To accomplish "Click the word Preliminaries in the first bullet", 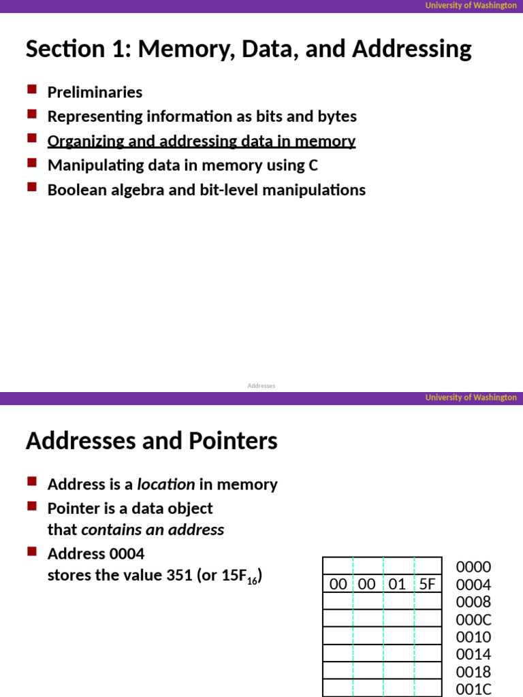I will coord(95,92).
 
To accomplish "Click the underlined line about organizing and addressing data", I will coord(201,141).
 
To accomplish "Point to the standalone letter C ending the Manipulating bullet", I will coord(313,165).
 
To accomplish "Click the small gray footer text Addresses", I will coord(261,385).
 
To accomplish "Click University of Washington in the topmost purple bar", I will coord(471,5).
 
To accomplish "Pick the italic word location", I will coord(165,485).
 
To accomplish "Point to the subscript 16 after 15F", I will coord(251,581).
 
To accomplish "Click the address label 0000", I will coord(473,567).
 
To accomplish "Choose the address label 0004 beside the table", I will coord(473,585).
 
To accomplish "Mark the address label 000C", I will coord(473,619).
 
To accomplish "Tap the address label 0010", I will coord(473,637).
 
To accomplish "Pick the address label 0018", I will coord(473,672).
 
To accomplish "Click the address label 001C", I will coord(473,689).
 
